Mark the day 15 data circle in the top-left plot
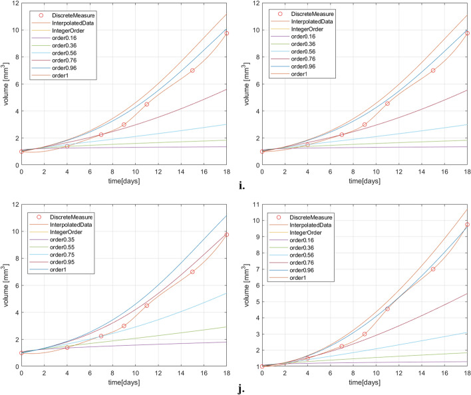pos(192,70)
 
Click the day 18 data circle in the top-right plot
pos(467,33)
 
